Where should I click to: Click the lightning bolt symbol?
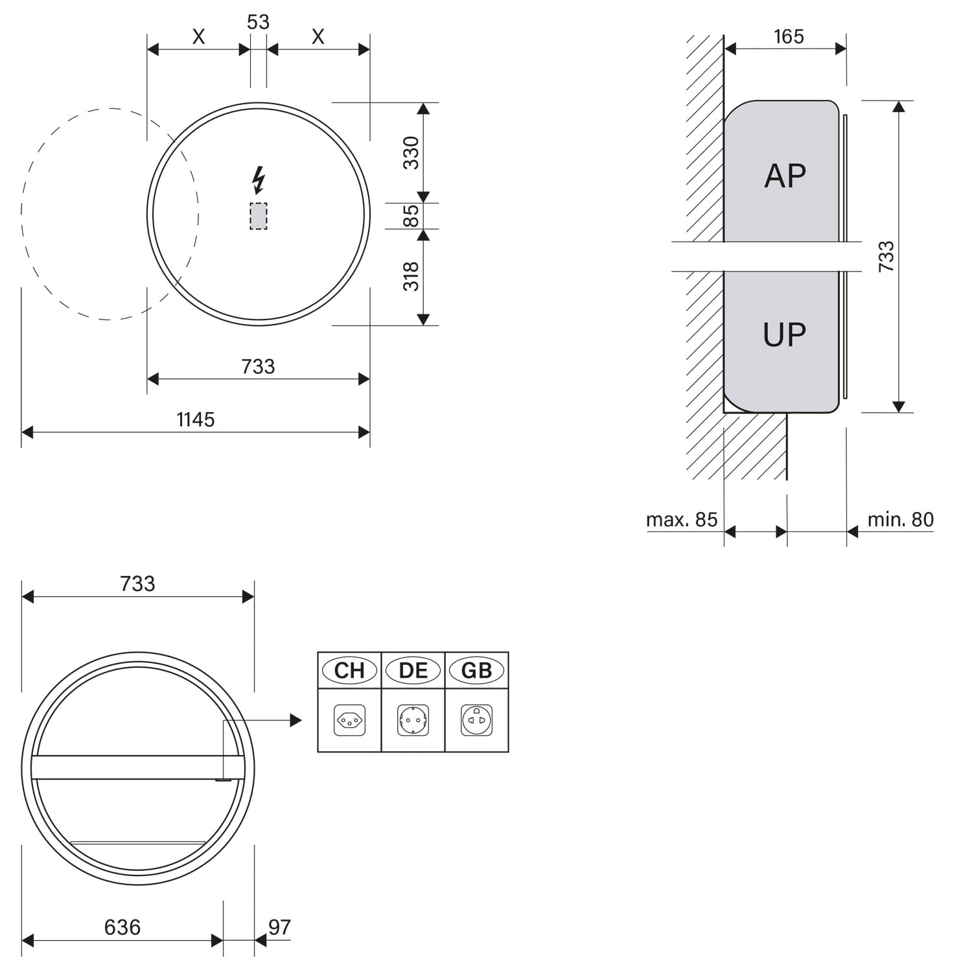click(259, 180)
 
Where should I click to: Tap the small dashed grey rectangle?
click(259, 216)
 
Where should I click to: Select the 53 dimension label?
click(258, 22)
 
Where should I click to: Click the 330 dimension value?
click(411, 152)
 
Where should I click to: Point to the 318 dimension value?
click(411, 277)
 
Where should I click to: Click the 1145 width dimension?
click(196, 420)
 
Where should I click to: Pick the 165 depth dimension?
click(789, 37)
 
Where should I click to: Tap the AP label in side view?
click(785, 176)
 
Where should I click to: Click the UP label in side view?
click(785, 334)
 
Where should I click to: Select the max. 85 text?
click(682, 520)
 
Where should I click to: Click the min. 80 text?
click(901, 520)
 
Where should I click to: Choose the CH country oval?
click(349, 671)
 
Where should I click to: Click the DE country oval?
click(413, 671)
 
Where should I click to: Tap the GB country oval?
click(477, 671)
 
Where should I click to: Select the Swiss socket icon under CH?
click(349, 721)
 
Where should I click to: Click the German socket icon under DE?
click(413, 721)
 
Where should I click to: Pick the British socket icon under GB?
click(477, 721)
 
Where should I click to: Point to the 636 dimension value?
click(122, 928)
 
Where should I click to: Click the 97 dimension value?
click(279, 928)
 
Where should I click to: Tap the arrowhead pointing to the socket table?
click(297, 720)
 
